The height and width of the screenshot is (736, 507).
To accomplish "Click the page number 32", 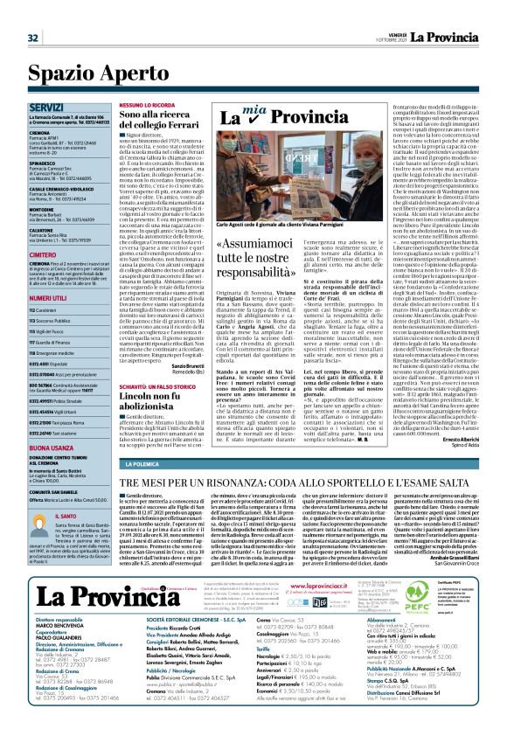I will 32,13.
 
